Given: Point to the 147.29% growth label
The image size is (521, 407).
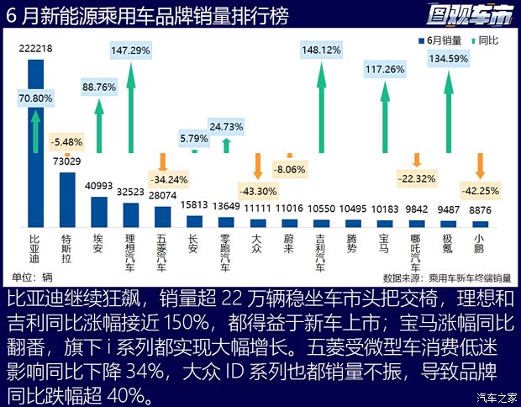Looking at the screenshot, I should (130, 50).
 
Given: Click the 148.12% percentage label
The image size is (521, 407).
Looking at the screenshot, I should (321, 50).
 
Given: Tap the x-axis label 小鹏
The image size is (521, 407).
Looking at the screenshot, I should (480, 243).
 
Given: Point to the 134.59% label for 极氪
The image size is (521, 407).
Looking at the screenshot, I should (448, 59).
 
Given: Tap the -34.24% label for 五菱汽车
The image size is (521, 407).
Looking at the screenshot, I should (163, 178).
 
